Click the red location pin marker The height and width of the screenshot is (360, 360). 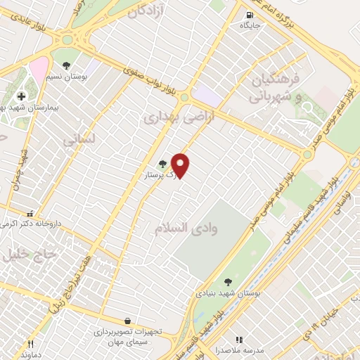point(181,165)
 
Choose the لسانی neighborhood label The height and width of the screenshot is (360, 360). point(78,141)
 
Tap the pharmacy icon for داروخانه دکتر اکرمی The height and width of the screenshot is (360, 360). point(29,214)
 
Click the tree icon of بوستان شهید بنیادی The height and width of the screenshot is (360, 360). point(226,283)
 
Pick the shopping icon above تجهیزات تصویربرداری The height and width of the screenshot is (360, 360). point(127,320)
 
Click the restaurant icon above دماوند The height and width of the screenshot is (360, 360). point(30,345)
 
